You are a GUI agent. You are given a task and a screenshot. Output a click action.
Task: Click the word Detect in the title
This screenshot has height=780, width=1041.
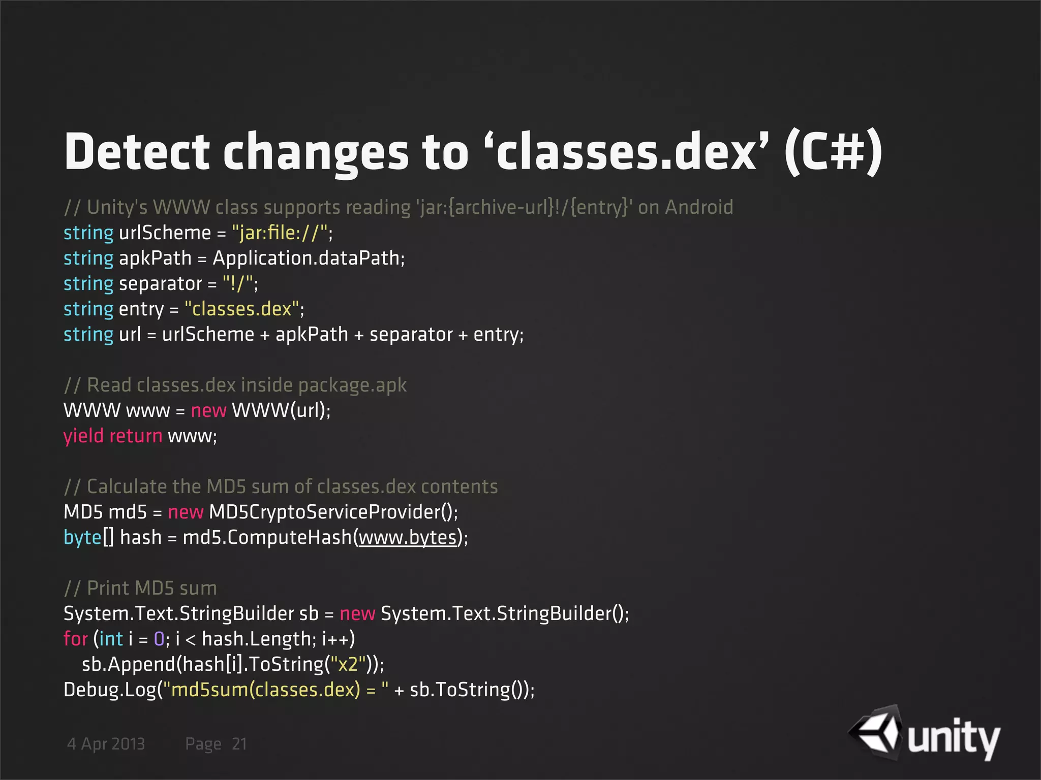click(137, 152)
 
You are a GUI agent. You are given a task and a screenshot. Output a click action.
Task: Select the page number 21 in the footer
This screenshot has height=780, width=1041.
click(239, 744)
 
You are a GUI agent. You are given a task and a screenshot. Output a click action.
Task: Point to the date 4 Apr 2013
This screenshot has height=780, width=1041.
click(106, 744)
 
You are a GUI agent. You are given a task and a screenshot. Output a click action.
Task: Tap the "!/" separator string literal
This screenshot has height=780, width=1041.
click(238, 284)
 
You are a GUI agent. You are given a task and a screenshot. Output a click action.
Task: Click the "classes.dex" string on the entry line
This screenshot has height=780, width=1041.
click(242, 309)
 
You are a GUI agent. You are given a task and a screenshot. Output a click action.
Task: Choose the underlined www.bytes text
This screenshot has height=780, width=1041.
click(408, 538)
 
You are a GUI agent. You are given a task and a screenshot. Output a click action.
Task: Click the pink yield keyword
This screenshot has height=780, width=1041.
click(83, 436)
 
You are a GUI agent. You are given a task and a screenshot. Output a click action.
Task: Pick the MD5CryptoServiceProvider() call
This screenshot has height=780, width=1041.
click(332, 512)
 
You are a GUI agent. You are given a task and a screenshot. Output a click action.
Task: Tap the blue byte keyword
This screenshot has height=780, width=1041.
click(82, 538)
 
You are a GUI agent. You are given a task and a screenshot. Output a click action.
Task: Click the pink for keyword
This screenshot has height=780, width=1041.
click(75, 639)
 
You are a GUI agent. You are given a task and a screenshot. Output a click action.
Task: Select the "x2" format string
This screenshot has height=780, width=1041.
click(348, 664)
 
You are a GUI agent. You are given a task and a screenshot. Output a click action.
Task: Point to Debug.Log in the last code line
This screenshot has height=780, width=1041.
click(109, 690)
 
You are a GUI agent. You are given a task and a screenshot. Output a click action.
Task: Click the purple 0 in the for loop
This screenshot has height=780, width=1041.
click(159, 639)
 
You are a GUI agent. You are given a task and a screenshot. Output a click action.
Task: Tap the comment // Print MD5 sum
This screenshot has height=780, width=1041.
click(140, 588)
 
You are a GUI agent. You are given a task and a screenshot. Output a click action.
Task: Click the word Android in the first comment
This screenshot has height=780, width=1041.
click(699, 207)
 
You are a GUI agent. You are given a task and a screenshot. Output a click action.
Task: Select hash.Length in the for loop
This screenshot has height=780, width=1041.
click(259, 639)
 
